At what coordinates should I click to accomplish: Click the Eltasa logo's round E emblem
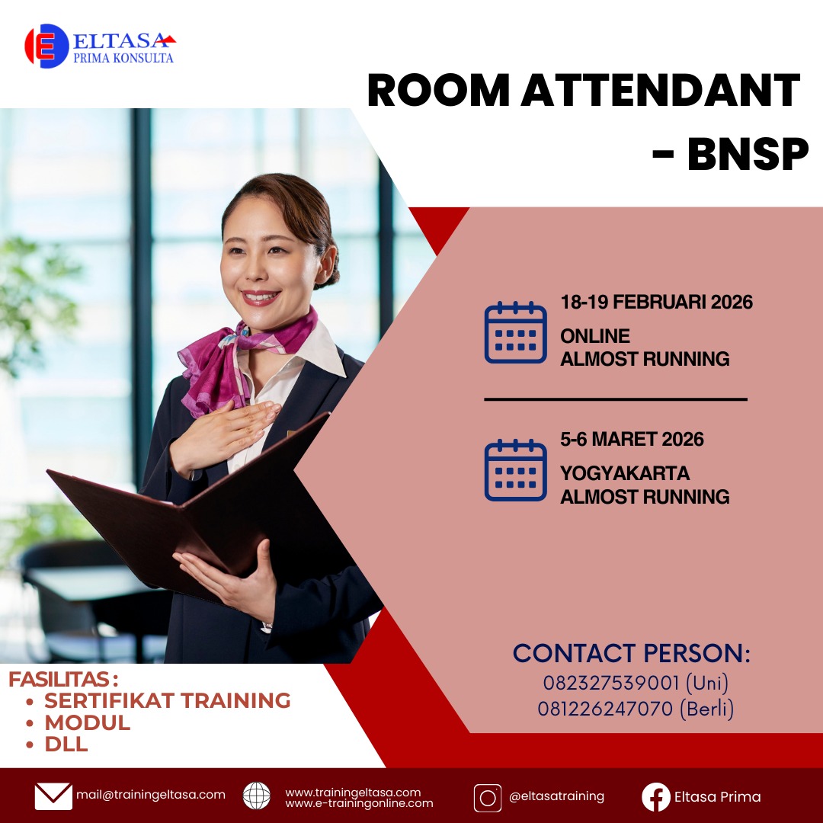(x=46, y=46)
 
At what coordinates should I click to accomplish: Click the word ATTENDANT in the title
(x=660, y=90)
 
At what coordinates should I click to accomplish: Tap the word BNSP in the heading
(x=748, y=154)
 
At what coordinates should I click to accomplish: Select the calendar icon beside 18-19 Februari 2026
(x=515, y=332)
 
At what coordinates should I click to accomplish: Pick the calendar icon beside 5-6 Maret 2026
(x=515, y=469)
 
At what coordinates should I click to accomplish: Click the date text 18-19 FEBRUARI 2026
(x=657, y=303)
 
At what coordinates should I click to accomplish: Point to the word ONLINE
(x=595, y=336)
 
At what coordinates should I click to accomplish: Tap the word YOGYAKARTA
(x=625, y=473)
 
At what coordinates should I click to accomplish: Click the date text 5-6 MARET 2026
(x=632, y=440)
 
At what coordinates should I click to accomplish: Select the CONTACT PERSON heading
(x=632, y=654)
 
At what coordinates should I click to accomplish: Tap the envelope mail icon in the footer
(x=53, y=796)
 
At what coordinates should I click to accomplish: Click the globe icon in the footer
(x=257, y=796)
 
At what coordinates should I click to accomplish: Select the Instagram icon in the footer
(x=488, y=798)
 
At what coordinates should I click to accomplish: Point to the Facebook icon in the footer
(x=656, y=797)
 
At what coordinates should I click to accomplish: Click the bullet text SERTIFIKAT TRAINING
(x=168, y=701)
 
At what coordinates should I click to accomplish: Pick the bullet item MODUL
(x=87, y=722)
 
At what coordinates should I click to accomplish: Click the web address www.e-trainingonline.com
(x=359, y=803)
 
